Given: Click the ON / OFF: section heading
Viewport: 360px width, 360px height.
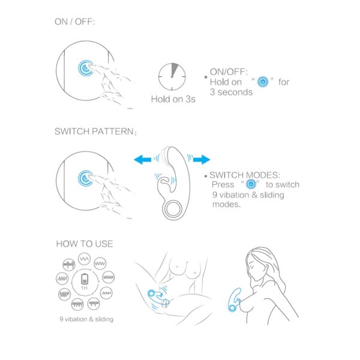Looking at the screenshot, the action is coord(74,22).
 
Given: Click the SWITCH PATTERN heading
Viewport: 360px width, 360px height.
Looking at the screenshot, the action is coord(95,131).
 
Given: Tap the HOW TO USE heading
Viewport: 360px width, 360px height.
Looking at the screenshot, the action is coord(85,244).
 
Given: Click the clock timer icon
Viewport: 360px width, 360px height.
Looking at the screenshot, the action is coord(172,77).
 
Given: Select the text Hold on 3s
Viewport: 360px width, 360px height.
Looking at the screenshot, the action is coord(173,99).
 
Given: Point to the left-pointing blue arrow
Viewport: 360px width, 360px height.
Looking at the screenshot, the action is coord(142,159).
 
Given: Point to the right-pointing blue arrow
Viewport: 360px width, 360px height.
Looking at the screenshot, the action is coord(202,159).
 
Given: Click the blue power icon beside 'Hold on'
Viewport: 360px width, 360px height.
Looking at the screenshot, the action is coord(263,82).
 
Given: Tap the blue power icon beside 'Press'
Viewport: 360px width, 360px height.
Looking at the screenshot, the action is coord(251,184).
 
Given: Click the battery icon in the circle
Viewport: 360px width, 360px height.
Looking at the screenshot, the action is coord(85,279).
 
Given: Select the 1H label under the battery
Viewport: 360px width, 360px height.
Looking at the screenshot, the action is coord(84,288).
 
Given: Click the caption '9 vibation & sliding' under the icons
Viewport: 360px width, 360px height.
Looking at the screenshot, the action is coord(86,319).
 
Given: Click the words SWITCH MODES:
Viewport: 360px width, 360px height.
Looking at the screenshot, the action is coord(245,175).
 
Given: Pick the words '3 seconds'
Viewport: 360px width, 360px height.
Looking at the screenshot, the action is coord(231,92).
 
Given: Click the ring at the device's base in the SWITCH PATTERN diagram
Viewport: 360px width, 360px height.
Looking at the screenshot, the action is coord(173,209).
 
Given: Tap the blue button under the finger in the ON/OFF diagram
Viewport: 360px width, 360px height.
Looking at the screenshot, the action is coord(85,68).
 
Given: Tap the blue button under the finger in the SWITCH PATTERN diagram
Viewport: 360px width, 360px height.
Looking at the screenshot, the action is coord(85,178).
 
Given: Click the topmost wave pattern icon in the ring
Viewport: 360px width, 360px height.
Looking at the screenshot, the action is coord(84,259).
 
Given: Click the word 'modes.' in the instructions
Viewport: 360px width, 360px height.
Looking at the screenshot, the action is coord(226,204).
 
